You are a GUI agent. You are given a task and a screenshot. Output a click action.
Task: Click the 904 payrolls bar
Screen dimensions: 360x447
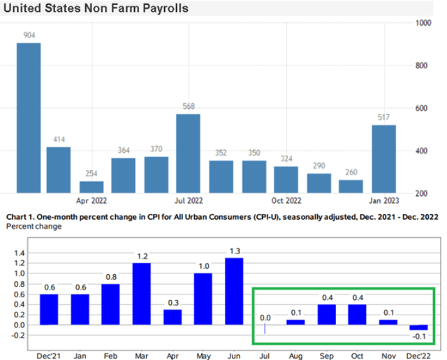coord(29,118)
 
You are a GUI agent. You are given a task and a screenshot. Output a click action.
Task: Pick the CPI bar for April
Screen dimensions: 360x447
coord(173,317)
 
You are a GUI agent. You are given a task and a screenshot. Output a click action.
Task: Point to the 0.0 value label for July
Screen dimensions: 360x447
coord(265,317)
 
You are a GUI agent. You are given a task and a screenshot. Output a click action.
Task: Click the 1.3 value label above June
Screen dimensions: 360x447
coord(235,251)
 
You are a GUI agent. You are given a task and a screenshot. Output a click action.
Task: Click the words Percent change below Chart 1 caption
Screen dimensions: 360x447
coord(31,227)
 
